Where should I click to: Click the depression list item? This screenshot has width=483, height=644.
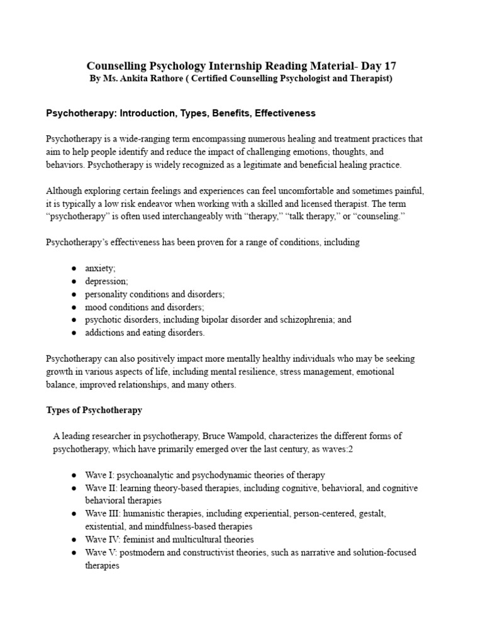105,281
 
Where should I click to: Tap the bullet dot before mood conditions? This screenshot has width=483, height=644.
74,307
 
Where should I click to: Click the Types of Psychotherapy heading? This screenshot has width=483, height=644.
94,410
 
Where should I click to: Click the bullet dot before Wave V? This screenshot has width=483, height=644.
74,553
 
